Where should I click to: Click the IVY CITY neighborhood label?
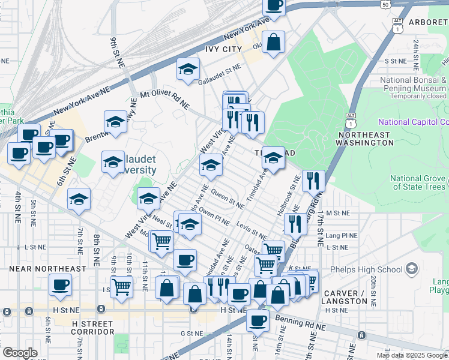pos(223,49)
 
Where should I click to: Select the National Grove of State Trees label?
pos(418,182)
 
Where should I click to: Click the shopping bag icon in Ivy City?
pos(273,42)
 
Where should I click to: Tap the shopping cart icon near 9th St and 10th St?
pos(121,286)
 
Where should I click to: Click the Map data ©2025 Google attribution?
pos(411,355)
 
